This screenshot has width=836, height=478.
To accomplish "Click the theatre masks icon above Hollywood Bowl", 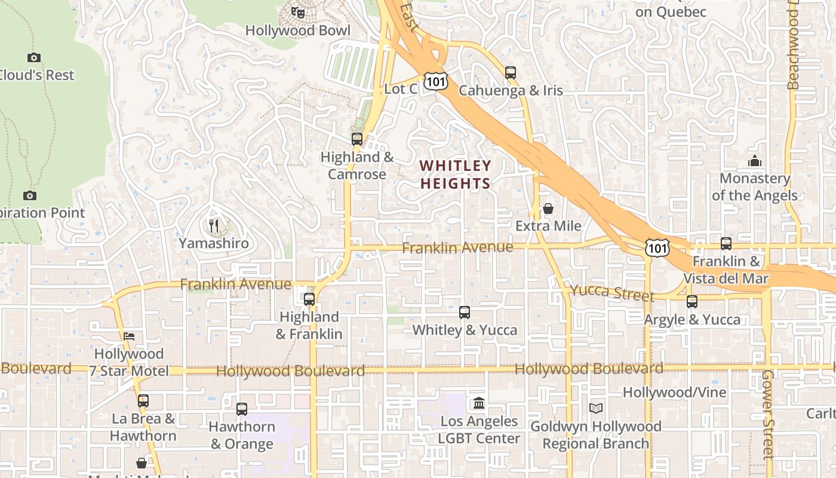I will tap(297, 12).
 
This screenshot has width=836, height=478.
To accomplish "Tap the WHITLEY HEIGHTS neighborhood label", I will tap(455, 174).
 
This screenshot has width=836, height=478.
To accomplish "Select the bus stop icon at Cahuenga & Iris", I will tap(511, 73).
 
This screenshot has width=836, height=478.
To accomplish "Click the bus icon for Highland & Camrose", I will tap(357, 139).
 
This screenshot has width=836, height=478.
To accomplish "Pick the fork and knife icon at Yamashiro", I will tap(214, 226).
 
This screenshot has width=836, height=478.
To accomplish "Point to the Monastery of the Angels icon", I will tap(755, 161).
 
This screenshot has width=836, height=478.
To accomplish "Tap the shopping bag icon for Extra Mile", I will tap(548, 209).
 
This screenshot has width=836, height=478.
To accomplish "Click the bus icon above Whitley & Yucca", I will tap(465, 312).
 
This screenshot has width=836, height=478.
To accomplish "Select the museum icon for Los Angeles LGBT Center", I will tap(478, 404).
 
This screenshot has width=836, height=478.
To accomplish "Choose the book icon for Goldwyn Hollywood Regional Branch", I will tap(595, 409).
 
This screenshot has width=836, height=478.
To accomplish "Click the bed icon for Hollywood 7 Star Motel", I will tap(128, 336).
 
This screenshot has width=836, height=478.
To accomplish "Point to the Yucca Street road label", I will tap(612, 293).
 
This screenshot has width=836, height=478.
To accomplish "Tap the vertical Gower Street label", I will tap(768, 414).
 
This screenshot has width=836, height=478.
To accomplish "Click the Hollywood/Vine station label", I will tap(674, 393).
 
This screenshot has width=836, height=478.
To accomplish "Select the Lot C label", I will tap(400, 89).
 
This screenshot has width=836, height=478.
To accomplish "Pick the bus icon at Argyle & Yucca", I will tap(692, 302).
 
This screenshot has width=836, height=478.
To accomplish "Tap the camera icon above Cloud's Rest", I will tap(34, 57).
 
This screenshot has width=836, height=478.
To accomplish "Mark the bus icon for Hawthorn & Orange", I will tap(242, 409).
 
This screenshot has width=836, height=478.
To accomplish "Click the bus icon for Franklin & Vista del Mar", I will tap(726, 244).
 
